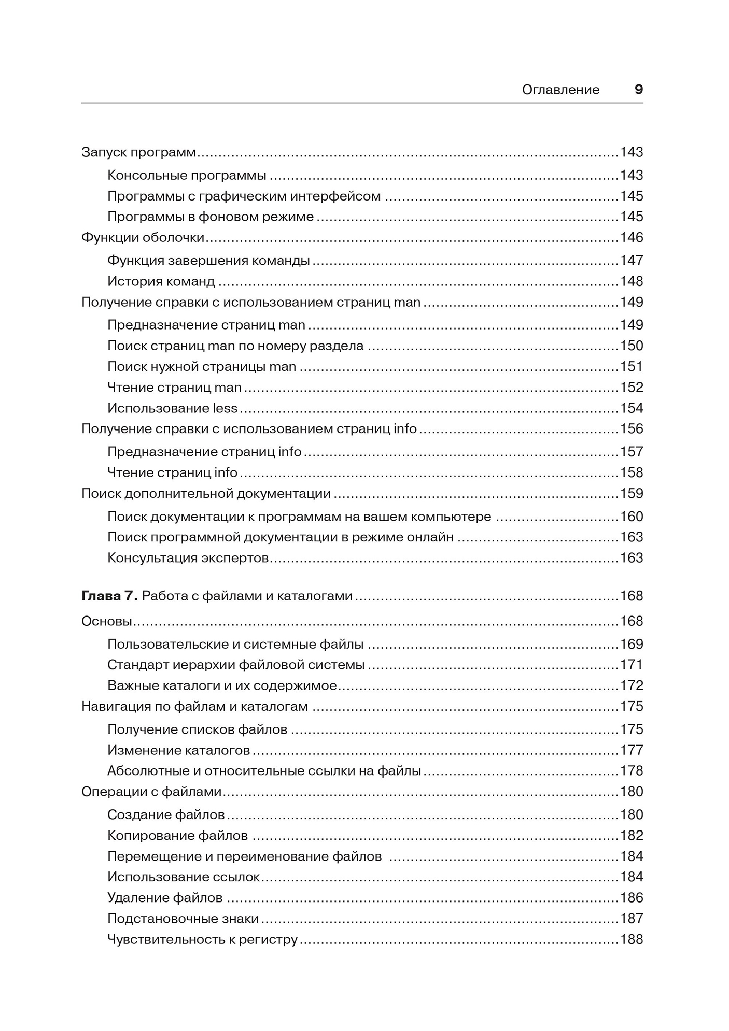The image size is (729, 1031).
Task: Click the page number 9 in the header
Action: pyautogui.click(x=638, y=90)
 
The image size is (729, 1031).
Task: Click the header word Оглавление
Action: pyautogui.click(x=560, y=90)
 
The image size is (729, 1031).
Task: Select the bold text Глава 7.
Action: pyautogui.click(x=109, y=596)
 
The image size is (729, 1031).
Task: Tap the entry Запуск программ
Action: pyautogui.click(x=139, y=152)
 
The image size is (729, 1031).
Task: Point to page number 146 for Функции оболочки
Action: pyautogui.click(x=632, y=237)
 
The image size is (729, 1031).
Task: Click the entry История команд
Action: pyautogui.click(x=161, y=281)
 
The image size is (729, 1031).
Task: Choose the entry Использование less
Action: pyautogui.click(x=172, y=408)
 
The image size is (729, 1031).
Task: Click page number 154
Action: pyautogui.click(x=632, y=408)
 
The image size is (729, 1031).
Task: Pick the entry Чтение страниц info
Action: pyautogui.click(x=172, y=472)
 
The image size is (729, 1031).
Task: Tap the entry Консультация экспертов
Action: pyautogui.click(x=188, y=558)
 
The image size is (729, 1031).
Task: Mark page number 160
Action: pyautogui.click(x=632, y=517)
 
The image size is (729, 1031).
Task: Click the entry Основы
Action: pyautogui.click(x=106, y=621)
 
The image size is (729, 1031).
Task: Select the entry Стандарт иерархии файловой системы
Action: pyautogui.click(x=236, y=665)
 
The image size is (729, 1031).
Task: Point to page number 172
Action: pyautogui.click(x=632, y=685)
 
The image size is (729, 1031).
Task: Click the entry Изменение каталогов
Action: pyautogui.click(x=178, y=750)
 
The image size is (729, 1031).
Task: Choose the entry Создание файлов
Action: pyautogui.click(x=166, y=814)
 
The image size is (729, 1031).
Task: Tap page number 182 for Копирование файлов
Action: pyautogui.click(x=632, y=835)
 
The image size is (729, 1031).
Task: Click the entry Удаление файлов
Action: pyautogui.click(x=165, y=897)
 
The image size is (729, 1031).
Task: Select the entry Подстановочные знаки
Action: pyautogui.click(x=183, y=919)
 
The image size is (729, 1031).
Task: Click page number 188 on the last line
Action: pyautogui.click(x=632, y=939)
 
